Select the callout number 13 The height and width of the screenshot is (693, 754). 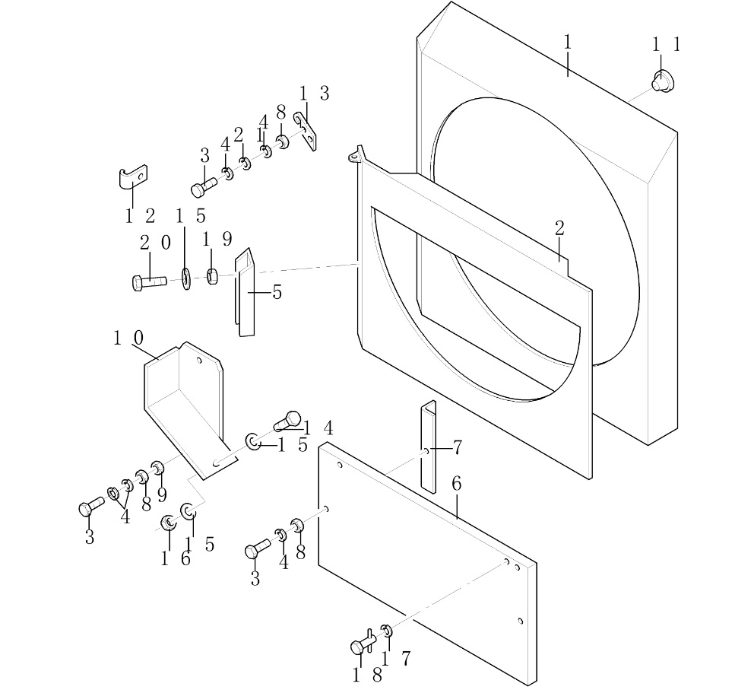[x=313, y=94]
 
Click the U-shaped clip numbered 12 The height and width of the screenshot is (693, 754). [x=132, y=178]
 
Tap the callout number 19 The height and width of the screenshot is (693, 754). [x=217, y=240]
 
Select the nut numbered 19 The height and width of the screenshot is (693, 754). [x=214, y=275]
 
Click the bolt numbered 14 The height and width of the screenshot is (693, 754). [x=289, y=419]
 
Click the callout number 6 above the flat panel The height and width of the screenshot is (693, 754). [x=456, y=484]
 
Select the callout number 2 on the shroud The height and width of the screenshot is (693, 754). [x=559, y=228]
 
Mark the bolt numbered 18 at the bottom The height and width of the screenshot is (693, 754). [x=361, y=646]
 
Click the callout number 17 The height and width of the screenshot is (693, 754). [x=396, y=659]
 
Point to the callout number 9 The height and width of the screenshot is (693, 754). [x=161, y=494]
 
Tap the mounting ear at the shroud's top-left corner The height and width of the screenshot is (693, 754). [x=354, y=156]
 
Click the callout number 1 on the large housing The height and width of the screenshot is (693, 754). [x=567, y=43]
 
